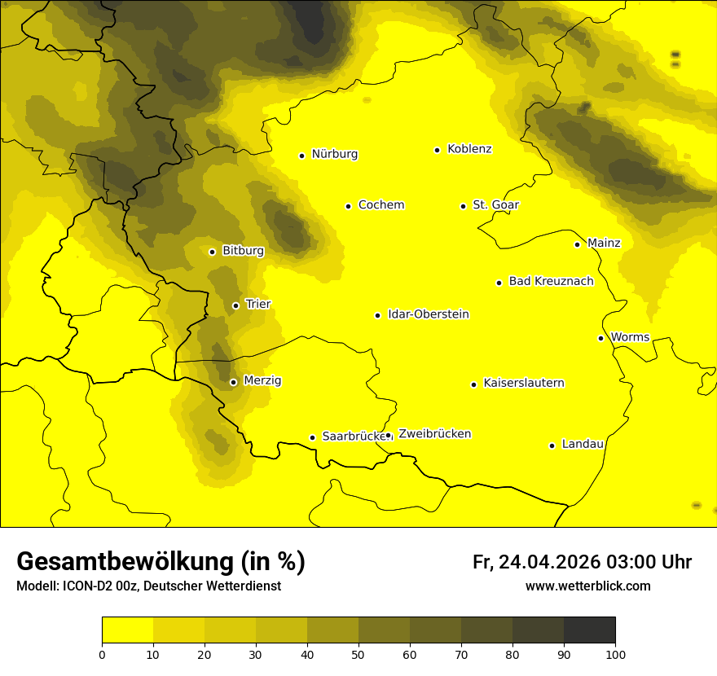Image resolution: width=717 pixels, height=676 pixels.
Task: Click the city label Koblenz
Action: (469, 149)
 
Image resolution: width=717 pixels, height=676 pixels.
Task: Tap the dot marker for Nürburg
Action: (301, 156)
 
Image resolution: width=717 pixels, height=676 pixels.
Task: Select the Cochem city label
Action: (380, 205)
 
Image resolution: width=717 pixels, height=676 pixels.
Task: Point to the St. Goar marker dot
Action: (463, 206)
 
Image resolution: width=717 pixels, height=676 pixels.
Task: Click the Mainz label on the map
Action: (604, 243)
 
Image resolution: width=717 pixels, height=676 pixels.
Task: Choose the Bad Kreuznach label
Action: (551, 281)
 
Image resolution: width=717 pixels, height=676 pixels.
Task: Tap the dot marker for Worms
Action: (600, 338)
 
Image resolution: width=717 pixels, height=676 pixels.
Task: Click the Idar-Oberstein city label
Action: (429, 314)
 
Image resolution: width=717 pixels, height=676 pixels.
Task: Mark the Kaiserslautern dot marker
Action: (473, 384)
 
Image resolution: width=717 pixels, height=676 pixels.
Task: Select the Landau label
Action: (583, 444)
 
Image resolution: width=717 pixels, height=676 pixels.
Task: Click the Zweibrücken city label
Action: (434, 434)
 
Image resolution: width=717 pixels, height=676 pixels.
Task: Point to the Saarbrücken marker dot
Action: (312, 437)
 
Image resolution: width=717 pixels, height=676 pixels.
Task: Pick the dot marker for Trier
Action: (235, 305)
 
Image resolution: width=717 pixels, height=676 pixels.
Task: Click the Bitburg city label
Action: (243, 251)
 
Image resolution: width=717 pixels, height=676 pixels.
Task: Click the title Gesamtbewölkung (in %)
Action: (161, 562)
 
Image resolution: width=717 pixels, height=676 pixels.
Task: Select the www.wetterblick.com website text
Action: (587, 586)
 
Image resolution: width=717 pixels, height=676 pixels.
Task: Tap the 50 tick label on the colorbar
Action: (358, 654)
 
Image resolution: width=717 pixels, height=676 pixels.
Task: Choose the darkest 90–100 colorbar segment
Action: (589, 630)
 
